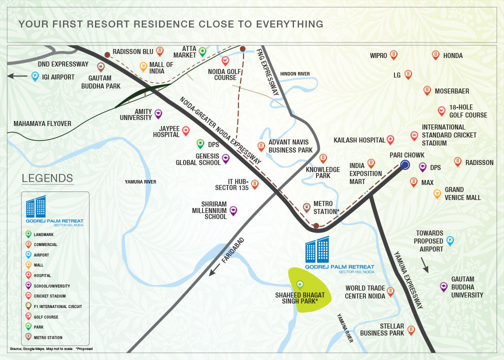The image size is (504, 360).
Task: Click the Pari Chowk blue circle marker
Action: point(405,164)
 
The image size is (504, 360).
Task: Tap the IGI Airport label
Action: point(58,77)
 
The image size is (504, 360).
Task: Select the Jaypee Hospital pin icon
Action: point(186,131)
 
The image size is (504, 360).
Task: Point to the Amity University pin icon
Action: point(158,114)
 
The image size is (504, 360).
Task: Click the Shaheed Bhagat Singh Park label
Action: point(300,298)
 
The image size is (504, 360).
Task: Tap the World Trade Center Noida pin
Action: point(390,291)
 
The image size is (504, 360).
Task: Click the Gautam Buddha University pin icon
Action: point(443,286)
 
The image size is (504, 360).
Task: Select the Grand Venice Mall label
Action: point(462,193)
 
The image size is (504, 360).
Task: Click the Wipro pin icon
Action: point(393,55)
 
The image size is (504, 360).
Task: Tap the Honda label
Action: point(453,55)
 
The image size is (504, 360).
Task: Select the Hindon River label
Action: point(295,74)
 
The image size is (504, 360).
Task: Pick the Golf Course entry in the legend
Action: point(46,317)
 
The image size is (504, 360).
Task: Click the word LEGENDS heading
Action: point(47,178)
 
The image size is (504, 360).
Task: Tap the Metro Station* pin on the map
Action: point(306,207)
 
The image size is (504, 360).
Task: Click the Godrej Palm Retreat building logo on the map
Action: point(317,250)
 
